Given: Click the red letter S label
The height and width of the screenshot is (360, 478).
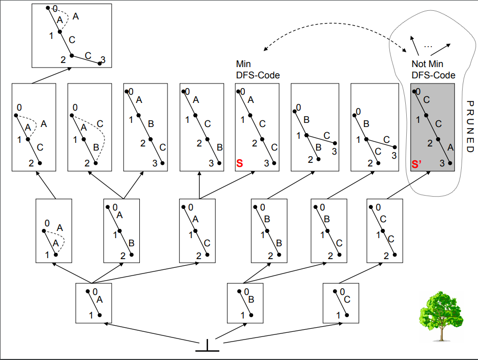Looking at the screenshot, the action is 240,163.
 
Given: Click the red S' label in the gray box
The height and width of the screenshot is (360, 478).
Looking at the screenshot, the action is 417,164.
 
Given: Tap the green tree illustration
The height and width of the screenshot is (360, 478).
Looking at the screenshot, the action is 441,315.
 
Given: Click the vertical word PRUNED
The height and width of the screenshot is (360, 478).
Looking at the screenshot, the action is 470,126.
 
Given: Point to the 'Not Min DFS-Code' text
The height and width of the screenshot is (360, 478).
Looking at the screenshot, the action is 433,70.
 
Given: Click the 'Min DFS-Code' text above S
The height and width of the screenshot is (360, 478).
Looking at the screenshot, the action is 258,70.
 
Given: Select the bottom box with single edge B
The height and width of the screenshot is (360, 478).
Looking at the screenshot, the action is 245,303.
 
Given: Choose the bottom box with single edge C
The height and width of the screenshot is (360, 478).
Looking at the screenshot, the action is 341,303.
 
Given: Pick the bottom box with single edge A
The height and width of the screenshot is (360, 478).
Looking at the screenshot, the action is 94,303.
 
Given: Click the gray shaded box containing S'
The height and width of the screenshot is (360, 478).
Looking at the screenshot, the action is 432,128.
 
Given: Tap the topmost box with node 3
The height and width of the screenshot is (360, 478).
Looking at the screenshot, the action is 72,36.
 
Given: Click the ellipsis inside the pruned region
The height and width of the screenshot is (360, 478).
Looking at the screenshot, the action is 428,47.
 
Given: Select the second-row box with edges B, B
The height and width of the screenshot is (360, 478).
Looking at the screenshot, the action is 269,231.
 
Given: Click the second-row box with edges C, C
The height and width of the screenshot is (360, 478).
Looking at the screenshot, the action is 385,231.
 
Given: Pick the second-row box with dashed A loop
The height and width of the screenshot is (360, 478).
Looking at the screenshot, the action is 54,231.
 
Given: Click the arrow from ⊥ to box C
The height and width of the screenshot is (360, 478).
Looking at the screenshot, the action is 283,333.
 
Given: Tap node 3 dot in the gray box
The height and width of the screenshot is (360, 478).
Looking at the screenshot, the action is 450,163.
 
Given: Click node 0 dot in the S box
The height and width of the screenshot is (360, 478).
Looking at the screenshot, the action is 239,92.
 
